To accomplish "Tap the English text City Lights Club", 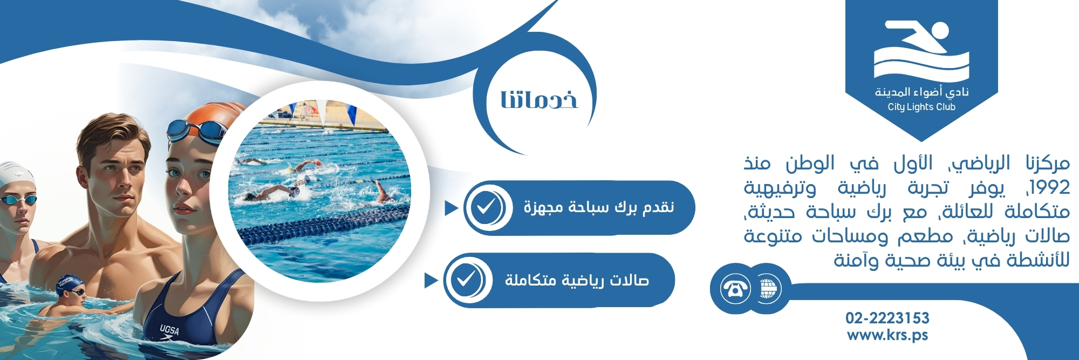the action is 921,107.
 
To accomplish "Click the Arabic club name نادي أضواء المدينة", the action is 921,92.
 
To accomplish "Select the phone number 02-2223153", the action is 887,318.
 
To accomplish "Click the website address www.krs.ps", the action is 887,335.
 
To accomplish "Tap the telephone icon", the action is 735,289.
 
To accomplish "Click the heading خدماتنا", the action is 539,100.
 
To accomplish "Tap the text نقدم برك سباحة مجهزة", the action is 599,207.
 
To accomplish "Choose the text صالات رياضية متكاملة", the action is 577,280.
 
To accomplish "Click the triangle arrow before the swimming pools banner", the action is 451,208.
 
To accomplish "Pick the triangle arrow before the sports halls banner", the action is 431,280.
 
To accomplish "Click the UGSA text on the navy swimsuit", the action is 169,329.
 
